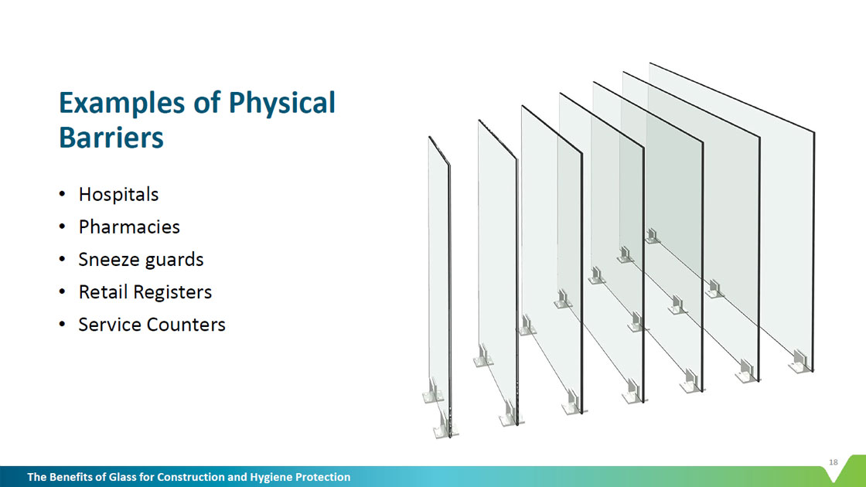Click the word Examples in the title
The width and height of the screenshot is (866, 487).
[x=121, y=104]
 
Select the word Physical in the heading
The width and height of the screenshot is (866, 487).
[x=281, y=104]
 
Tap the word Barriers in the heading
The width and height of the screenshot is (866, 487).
[x=111, y=138]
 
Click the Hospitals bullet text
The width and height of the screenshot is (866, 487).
[x=119, y=195]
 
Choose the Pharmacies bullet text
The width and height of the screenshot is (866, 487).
[x=129, y=227]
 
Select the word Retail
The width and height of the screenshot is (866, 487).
[x=102, y=292]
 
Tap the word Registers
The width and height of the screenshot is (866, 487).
[x=172, y=293]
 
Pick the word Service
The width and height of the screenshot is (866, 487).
[x=109, y=325]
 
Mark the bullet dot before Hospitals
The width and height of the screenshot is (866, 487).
[x=63, y=194]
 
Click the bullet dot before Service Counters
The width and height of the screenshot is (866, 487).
[x=63, y=324]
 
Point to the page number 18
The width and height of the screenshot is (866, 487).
[x=834, y=462]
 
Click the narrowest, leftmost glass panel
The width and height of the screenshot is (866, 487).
[x=440, y=287]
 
